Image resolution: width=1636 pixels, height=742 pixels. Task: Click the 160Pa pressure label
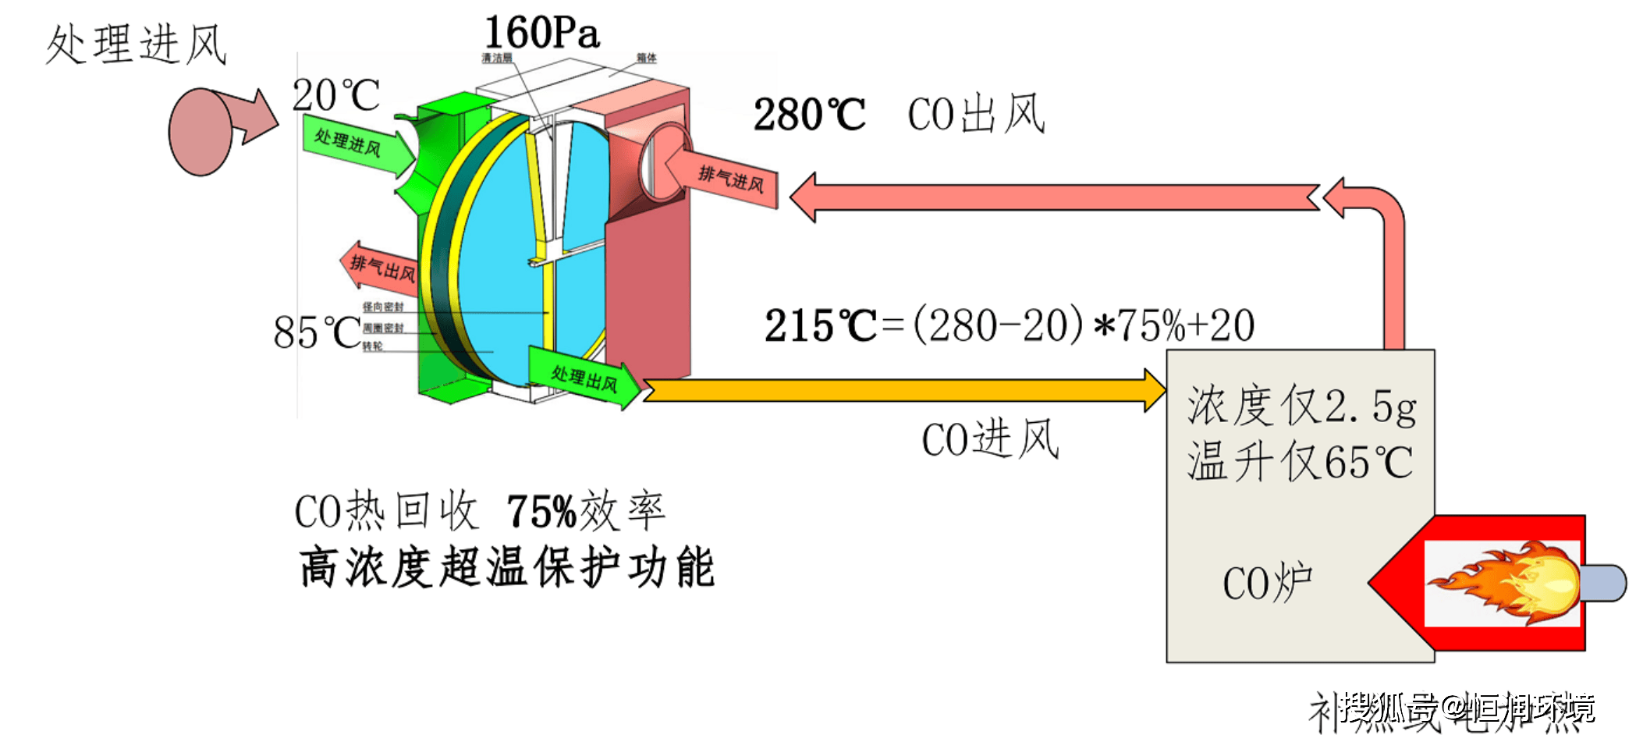click(x=541, y=33)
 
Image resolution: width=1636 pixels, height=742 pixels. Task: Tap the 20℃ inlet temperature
click(x=335, y=95)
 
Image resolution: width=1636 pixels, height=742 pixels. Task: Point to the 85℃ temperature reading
click(x=317, y=332)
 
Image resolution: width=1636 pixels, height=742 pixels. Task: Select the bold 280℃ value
click(x=809, y=115)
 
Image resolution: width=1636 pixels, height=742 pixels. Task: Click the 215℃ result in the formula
click(x=821, y=325)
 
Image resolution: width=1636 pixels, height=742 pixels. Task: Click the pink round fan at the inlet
click(x=201, y=131)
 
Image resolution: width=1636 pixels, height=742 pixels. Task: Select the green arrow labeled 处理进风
click(x=356, y=145)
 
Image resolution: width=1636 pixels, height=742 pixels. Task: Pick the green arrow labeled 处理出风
click(x=584, y=378)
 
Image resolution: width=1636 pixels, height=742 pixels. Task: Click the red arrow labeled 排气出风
click(x=379, y=268)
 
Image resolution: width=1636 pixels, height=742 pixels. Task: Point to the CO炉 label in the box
click(x=1267, y=583)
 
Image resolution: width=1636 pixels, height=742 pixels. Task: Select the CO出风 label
click(x=976, y=115)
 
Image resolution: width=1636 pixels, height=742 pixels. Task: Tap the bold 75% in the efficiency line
click(x=541, y=513)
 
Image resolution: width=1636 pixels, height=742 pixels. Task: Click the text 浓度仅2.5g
click(x=1301, y=407)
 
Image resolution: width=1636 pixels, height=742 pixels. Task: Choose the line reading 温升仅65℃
click(x=1300, y=462)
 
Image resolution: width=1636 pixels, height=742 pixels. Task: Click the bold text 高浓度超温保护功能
click(x=506, y=567)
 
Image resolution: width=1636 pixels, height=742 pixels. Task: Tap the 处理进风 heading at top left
click(x=137, y=44)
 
